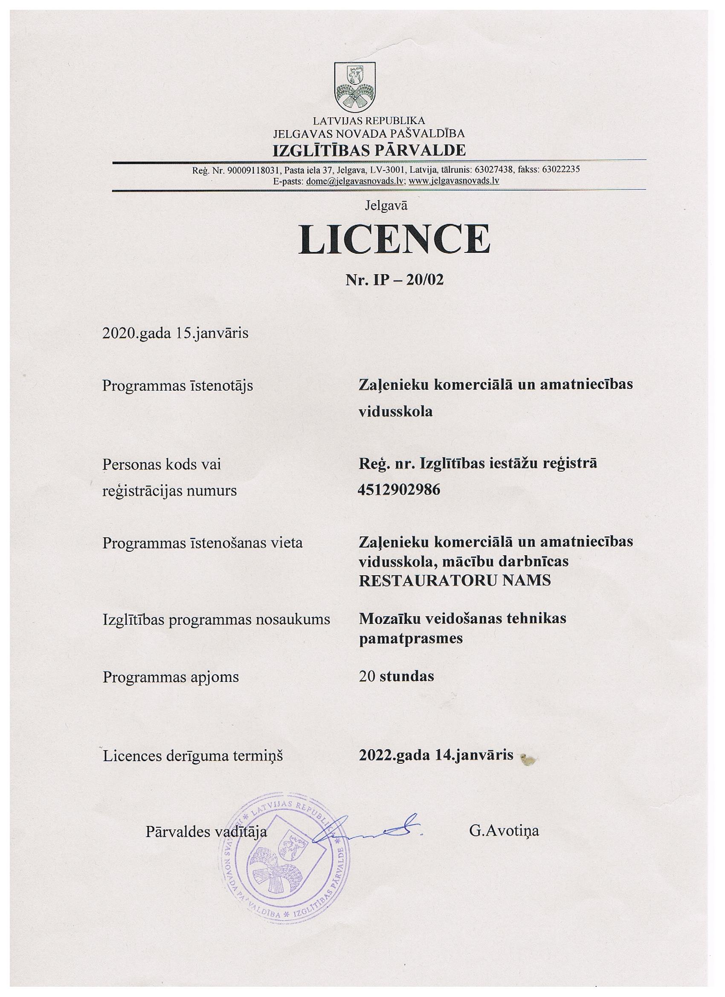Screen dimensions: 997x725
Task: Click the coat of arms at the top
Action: click(355, 87)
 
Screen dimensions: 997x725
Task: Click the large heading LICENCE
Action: click(394, 240)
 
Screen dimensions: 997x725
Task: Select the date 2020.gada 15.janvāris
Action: click(175, 333)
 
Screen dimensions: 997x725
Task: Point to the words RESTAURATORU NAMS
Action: click(455, 580)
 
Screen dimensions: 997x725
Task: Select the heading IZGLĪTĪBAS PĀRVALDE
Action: click(369, 151)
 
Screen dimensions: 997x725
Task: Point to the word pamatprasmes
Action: click(411, 638)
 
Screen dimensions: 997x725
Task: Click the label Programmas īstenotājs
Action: click(177, 386)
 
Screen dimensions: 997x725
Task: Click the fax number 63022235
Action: click(561, 170)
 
